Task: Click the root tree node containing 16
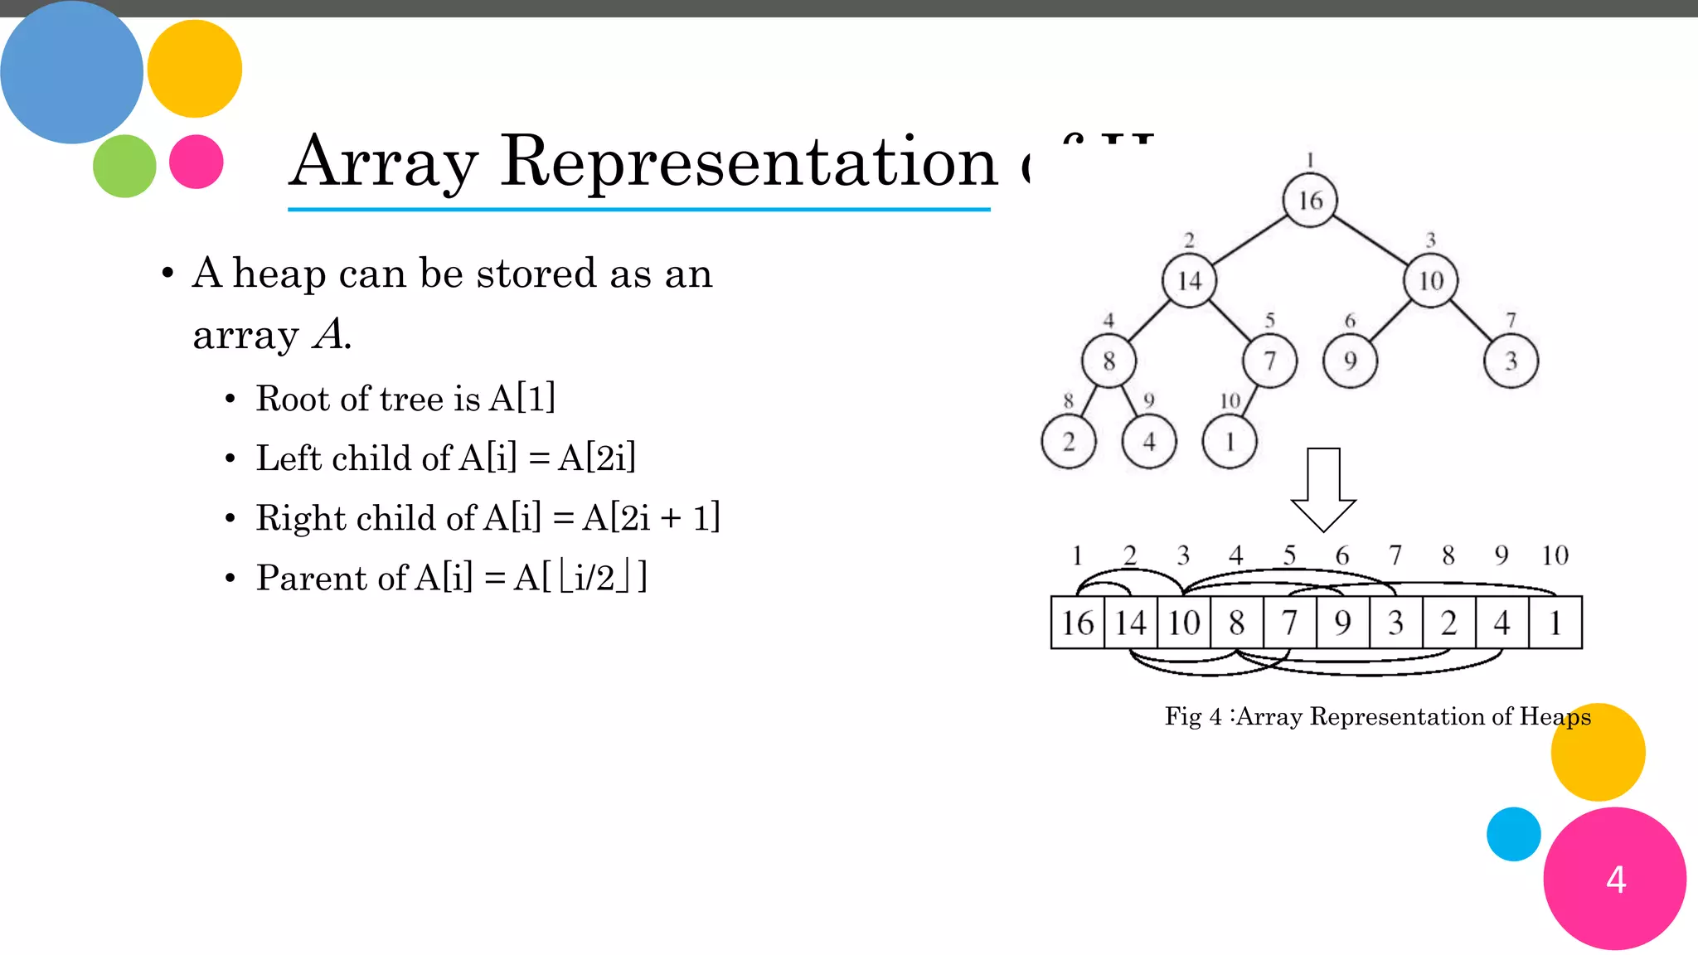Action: pos(1310,200)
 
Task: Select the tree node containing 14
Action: pos(1189,281)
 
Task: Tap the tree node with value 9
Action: pos(1350,361)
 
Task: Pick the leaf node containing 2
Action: pos(1069,442)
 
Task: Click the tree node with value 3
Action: pos(1511,361)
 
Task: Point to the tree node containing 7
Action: pos(1269,361)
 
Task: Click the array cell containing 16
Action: pos(1078,623)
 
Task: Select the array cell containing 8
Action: pos(1236,623)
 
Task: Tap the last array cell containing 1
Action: pos(1555,623)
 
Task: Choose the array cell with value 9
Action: pos(1342,623)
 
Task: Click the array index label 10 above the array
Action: pos(1555,555)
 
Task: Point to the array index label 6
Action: pos(1342,555)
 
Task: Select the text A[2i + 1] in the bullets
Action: pos(651,518)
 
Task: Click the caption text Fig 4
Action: pos(1193,716)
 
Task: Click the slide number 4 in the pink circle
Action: pos(1615,880)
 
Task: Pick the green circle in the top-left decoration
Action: pos(124,166)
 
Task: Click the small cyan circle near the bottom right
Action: pos(1513,834)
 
